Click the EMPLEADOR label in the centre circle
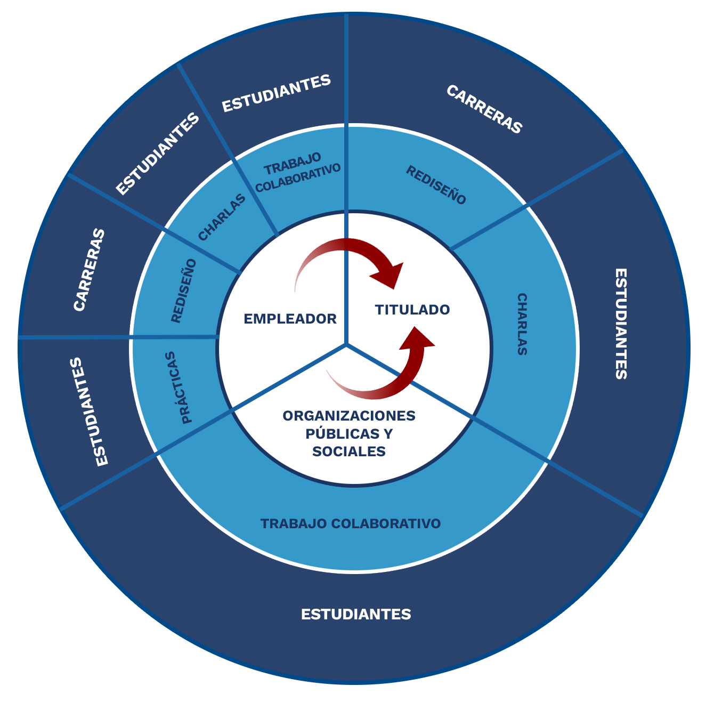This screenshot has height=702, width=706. click(x=290, y=319)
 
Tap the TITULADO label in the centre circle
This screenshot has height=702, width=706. click(x=412, y=310)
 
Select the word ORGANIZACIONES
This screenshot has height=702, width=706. click(x=349, y=415)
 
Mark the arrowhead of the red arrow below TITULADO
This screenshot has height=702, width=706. click(x=419, y=338)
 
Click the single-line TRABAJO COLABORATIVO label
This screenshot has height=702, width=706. click(x=351, y=523)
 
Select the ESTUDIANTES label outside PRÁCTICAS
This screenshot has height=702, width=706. click(x=89, y=412)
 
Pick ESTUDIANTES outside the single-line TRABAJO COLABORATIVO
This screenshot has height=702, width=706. click(x=356, y=614)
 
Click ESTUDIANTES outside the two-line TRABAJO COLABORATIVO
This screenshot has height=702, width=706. click(x=277, y=93)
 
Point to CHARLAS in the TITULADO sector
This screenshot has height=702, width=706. click(x=522, y=324)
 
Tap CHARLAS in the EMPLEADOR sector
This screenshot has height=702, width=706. click(x=222, y=217)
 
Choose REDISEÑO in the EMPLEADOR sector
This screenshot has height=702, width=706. click(x=184, y=291)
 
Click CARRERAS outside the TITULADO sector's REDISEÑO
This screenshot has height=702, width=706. click(x=484, y=109)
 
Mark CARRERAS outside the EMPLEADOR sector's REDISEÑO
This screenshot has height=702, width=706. click(x=89, y=270)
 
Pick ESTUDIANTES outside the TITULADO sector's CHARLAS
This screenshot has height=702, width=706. click(x=621, y=324)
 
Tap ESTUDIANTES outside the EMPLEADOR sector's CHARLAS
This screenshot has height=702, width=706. click(x=157, y=154)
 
